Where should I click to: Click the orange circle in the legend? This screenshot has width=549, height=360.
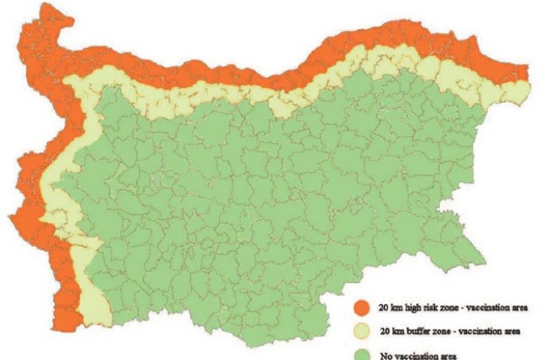363,306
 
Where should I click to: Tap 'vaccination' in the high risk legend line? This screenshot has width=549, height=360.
489,306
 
